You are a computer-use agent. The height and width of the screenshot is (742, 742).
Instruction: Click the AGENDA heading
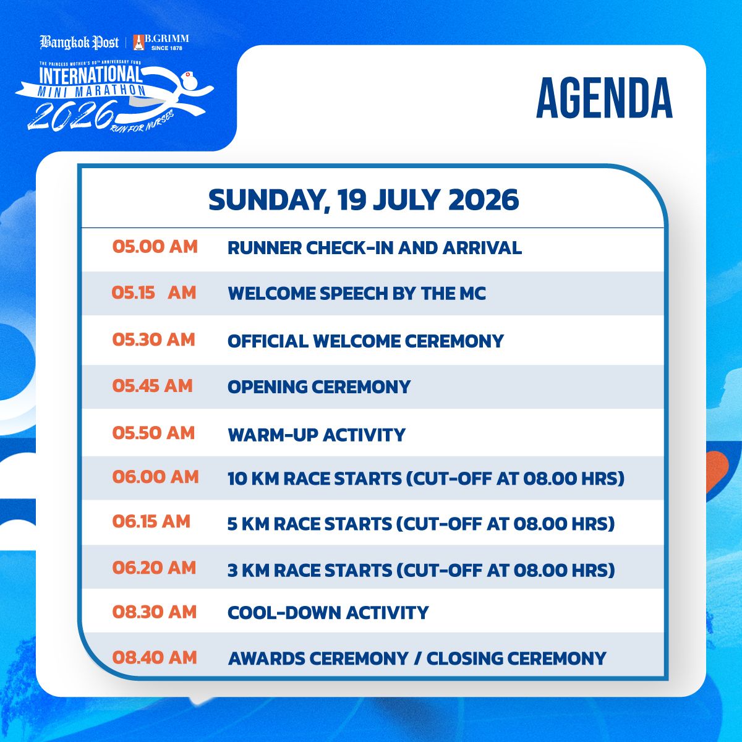pyautogui.click(x=603, y=98)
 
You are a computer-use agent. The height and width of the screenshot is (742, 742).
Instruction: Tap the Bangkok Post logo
pyautogui.click(x=79, y=43)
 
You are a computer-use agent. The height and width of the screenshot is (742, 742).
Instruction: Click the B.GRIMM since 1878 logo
pyautogui.click(x=161, y=43)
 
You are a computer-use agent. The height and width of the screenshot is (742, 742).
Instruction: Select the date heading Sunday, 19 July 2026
pyautogui.click(x=364, y=200)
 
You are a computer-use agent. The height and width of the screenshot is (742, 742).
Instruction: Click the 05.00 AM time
pyautogui.click(x=155, y=247)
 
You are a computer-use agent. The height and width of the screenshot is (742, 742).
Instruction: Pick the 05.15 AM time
pyautogui.click(x=154, y=293)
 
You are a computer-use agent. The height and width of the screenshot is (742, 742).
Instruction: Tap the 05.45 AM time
pyautogui.click(x=153, y=386)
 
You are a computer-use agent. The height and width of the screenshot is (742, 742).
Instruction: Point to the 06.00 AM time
pyautogui.click(x=156, y=477)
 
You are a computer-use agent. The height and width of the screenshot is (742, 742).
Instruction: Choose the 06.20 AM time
pyautogui.click(x=154, y=568)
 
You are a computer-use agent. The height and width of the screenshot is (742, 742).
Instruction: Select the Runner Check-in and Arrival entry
pyautogui.click(x=375, y=248)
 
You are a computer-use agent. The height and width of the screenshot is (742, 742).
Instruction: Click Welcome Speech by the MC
pyautogui.click(x=357, y=294)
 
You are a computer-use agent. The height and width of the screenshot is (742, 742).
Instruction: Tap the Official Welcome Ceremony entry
pyautogui.click(x=366, y=341)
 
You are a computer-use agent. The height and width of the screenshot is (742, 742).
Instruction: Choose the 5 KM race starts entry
pyautogui.click(x=421, y=524)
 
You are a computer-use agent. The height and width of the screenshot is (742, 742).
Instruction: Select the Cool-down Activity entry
pyautogui.click(x=328, y=613)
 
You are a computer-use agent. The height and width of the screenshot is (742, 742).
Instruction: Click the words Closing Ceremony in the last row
pyautogui.click(x=516, y=659)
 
